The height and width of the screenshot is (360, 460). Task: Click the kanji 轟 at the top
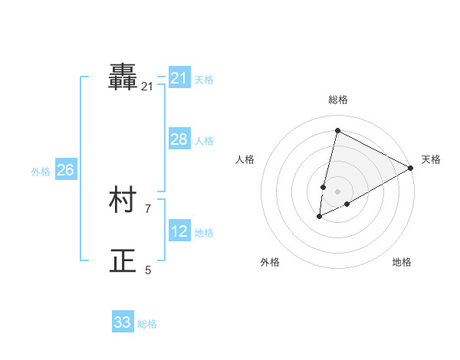tap(123, 77)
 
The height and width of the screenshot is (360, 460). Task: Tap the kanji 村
tap(123, 201)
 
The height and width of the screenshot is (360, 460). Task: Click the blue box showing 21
tap(179, 78)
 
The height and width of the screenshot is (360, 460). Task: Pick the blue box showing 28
tap(179, 139)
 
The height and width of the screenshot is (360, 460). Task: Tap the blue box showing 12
tap(179, 231)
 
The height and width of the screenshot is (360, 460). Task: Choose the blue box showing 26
tap(65, 170)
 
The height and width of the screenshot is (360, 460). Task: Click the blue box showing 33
tap(123, 322)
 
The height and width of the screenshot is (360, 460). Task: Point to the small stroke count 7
tap(148, 208)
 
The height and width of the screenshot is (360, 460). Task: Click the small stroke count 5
tap(148, 270)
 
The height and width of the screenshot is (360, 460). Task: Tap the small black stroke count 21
tap(147, 87)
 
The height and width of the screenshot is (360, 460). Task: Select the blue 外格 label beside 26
tap(41, 172)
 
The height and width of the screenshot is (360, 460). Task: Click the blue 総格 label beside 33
tap(147, 324)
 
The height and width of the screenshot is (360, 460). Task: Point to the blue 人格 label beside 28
tap(204, 141)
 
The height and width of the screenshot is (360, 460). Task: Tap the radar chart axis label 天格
tap(431, 159)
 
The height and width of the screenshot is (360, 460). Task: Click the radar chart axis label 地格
tap(402, 262)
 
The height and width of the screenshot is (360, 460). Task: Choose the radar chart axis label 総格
tap(337, 100)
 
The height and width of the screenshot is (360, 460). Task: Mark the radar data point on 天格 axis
tap(411, 168)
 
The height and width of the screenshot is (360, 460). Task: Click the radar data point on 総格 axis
tap(337, 131)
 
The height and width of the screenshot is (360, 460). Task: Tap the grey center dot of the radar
tap(337, 191)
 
